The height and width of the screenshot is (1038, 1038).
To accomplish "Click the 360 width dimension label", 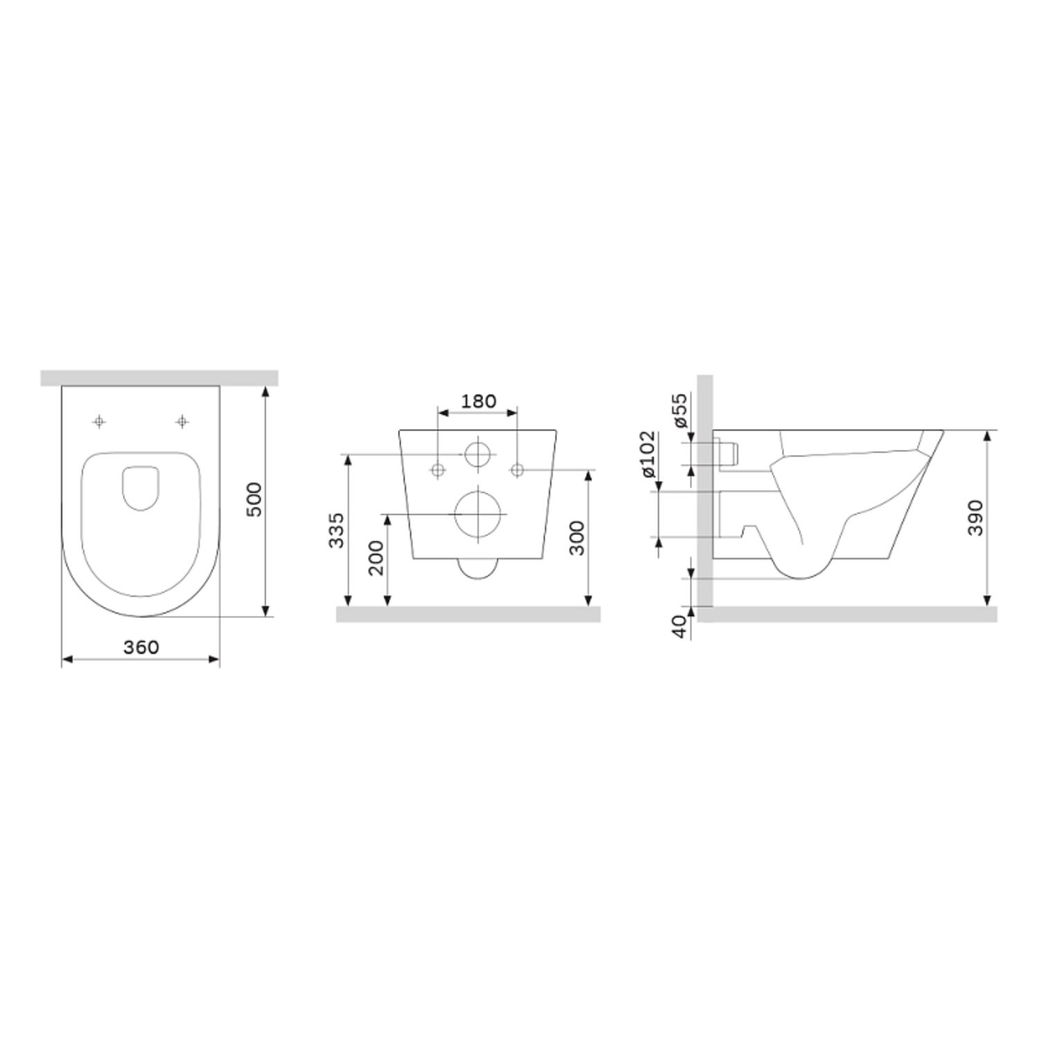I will [x=141, y=647].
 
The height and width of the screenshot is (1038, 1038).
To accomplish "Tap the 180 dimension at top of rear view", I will [x=478, y=401].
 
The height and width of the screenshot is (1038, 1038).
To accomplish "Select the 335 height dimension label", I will [x=336, y=529].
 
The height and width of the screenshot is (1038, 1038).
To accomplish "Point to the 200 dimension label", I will [x=376, y=558].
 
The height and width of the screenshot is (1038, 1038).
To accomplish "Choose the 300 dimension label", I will [x=576, y=538].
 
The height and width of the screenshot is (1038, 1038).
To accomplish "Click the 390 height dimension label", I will [x=976, y=517].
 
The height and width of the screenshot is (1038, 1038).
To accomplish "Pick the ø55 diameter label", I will [x=680, y=410].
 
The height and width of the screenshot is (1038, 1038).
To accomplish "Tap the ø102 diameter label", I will [x=648, y=454].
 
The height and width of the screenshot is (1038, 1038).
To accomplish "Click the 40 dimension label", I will [x=680, y=624].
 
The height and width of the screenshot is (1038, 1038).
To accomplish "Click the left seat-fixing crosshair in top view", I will [x=100, y=421].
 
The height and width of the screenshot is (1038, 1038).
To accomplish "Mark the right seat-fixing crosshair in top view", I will [x=182, y=421].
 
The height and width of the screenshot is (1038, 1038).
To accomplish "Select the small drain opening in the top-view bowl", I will [x=141, y=489].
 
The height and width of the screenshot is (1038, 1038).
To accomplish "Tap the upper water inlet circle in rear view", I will [x=477, y=454].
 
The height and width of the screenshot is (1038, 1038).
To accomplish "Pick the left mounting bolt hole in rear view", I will [x=437, y=471].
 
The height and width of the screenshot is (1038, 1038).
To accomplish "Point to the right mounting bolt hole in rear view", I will [x=517, y=471].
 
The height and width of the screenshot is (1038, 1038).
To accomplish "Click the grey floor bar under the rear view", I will [x=468, y=614].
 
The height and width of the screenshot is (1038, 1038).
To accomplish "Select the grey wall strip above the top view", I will [x=159, y=378].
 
